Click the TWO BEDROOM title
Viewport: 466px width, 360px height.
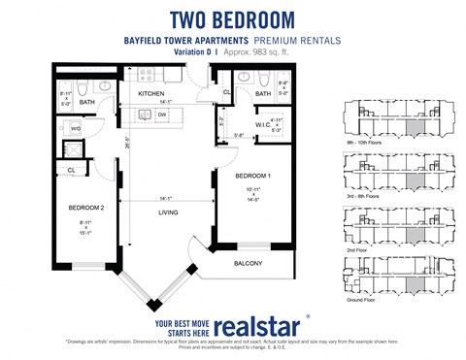[x=232, y=18]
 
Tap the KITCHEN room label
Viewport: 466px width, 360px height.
[x=150, y=93]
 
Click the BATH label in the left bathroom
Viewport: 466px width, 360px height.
[x=87, y=101]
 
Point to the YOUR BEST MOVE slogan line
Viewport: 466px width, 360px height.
[x=177, y=316]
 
